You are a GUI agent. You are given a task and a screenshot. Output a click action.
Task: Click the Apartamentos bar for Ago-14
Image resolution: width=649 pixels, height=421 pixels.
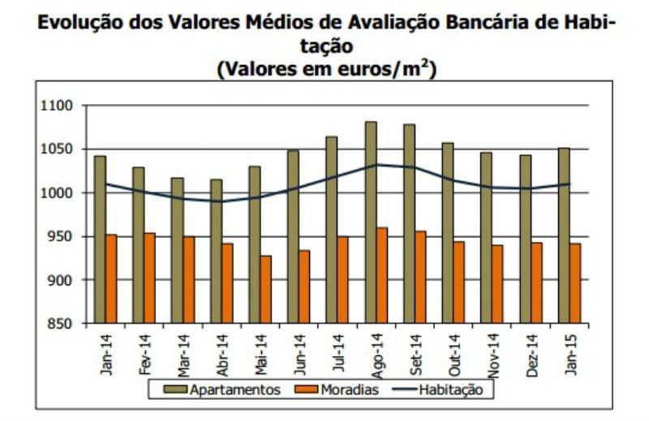370,223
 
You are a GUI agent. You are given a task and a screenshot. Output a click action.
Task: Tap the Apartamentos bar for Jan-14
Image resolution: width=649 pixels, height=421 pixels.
100,239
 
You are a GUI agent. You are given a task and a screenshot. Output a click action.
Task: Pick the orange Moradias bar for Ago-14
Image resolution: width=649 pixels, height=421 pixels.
382,276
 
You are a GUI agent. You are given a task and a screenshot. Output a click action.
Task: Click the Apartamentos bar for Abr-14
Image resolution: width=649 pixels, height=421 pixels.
216,250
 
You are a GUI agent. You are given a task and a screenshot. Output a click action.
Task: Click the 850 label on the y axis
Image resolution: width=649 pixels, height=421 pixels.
59,323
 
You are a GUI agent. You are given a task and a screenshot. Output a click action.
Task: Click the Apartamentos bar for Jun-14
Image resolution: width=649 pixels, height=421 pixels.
293,237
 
